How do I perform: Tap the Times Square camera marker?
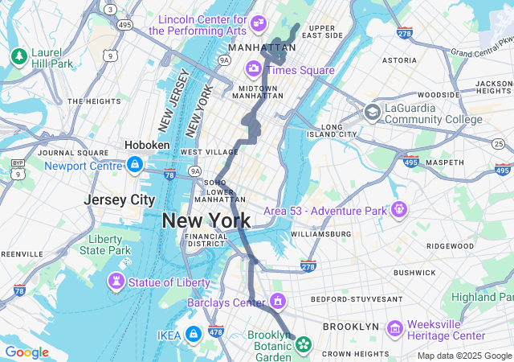[254, 70]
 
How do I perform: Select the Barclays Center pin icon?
[278, 302]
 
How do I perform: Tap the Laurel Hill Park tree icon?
[18, 56]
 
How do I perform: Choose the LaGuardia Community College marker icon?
[372, 113]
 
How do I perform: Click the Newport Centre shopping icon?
[134, 166]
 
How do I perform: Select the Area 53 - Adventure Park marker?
[399, 210]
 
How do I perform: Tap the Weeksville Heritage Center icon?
[394, 329]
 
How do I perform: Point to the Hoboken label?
[147, 145]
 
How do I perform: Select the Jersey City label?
[120, 200]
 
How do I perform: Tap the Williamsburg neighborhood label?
[320, 234]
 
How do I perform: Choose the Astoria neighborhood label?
[399, 60]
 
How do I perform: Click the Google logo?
[27, 352]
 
